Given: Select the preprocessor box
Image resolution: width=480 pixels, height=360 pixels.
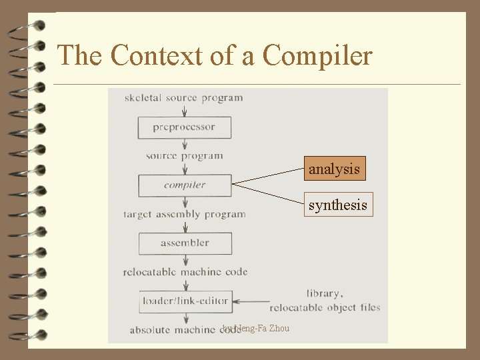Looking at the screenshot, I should [185, 127].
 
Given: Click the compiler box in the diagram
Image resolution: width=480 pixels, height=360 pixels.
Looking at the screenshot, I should [185, 185].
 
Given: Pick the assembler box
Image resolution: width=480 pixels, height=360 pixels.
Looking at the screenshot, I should [185, 243].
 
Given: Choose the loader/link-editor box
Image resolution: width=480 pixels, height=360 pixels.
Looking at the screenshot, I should [185, 301].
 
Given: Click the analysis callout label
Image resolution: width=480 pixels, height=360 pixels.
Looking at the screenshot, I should [334, 169].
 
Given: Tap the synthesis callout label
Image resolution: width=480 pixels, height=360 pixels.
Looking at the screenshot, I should [337, 205].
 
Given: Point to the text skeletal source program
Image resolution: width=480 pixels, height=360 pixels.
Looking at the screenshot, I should [183, 98].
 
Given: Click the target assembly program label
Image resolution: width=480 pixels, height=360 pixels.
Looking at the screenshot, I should [185, 215].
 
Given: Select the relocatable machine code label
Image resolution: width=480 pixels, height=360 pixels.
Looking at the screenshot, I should [185, 272].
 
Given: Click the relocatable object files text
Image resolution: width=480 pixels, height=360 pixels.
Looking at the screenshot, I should [325, 308].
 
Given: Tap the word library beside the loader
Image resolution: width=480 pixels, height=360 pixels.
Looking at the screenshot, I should [325, 293].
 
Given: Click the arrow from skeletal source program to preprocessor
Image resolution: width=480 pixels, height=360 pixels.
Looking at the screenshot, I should [185, 111].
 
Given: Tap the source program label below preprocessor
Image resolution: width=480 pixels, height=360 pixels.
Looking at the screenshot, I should [185, 156].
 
